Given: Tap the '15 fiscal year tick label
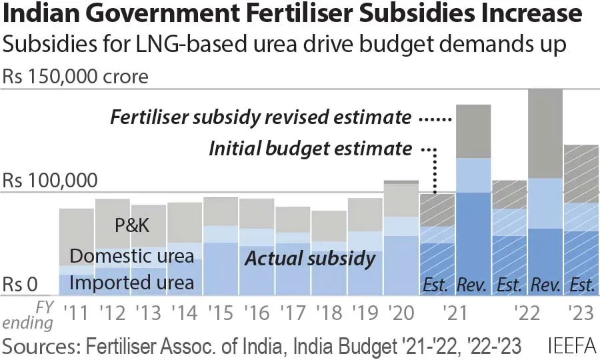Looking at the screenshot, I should point(219,311).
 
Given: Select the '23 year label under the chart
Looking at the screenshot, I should point(581,311).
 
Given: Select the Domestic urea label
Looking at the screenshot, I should point(131,255).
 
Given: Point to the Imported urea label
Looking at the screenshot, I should point(131,283).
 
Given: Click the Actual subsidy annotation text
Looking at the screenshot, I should point(310,259).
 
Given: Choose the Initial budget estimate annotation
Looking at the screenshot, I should point(310,148).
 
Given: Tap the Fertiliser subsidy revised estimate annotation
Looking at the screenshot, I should point(261,118).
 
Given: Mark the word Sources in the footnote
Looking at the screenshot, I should point(36,346).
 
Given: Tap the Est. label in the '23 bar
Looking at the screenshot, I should point(582,285).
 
